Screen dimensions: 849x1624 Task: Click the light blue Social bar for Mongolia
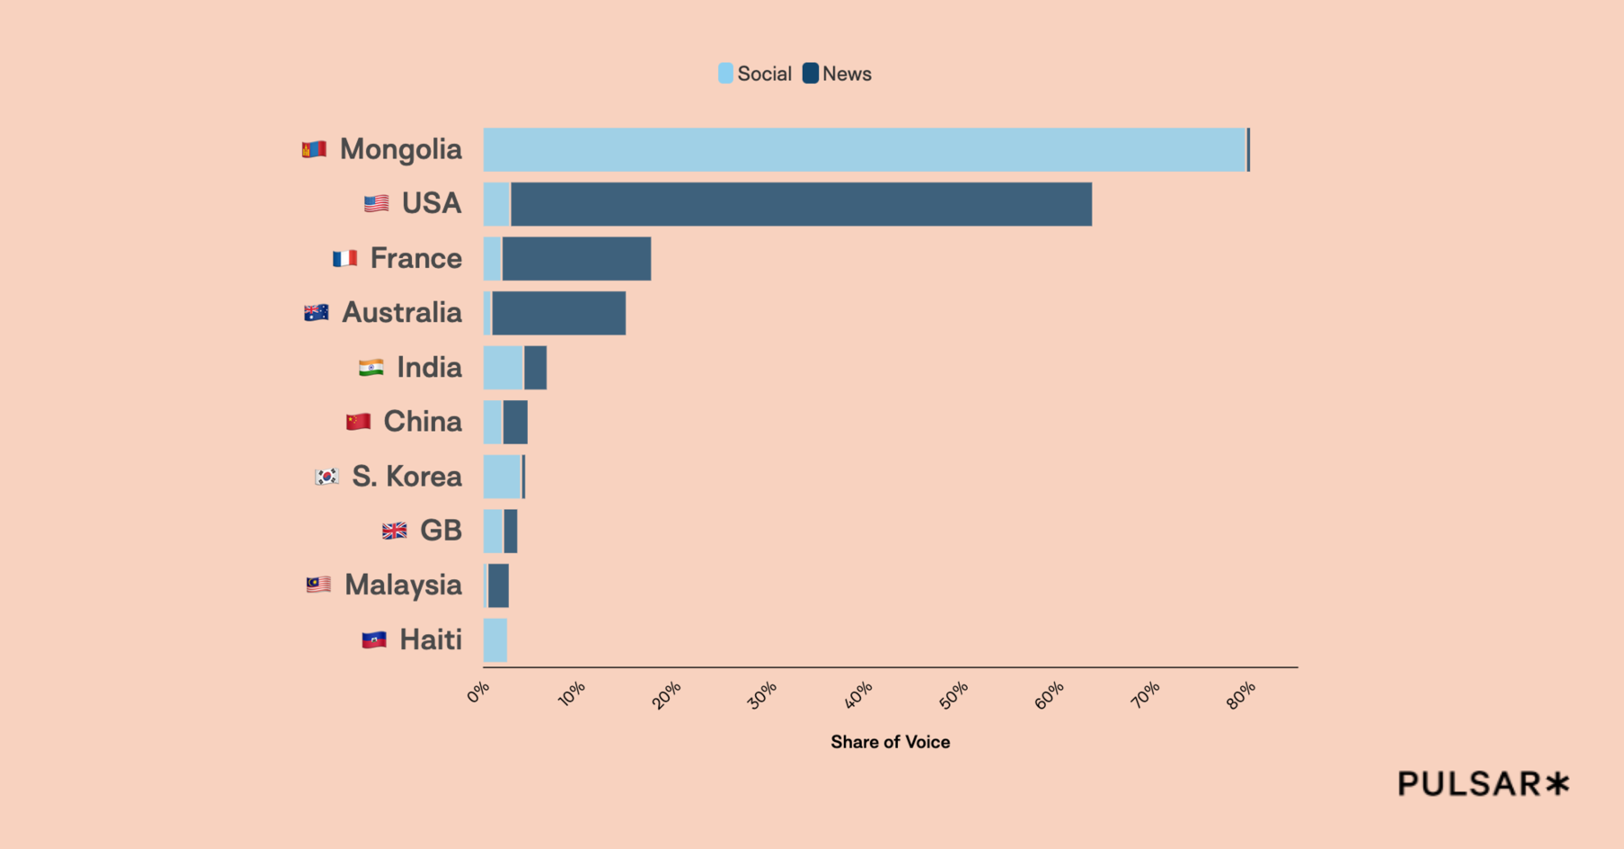pos(864,150)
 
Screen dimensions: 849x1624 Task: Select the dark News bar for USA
pos(801,205)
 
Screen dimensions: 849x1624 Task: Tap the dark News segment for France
pos(576,259)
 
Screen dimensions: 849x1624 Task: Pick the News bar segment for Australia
pos(559,313)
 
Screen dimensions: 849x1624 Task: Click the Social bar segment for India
pos(503,368)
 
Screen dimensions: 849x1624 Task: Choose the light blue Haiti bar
pos(495,640)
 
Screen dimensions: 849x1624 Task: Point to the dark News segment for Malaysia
pos(498,586)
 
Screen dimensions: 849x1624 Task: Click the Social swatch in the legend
pos(726,73)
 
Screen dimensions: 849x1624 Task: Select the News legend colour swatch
pos(810,73)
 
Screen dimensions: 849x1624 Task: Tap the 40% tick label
pos(859,695)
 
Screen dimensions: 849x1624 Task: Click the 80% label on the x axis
pos(1241,695)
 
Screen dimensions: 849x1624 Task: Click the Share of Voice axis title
pos(890,742)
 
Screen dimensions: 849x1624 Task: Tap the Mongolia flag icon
pos(314,150)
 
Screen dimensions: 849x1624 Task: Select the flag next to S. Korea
pos(327,476)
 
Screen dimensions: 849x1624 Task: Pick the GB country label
pos(441,530)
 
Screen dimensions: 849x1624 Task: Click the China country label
pos(422,421)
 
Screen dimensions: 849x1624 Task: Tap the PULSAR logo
pos(1483,784)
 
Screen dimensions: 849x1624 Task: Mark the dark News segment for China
pos(515,422)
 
